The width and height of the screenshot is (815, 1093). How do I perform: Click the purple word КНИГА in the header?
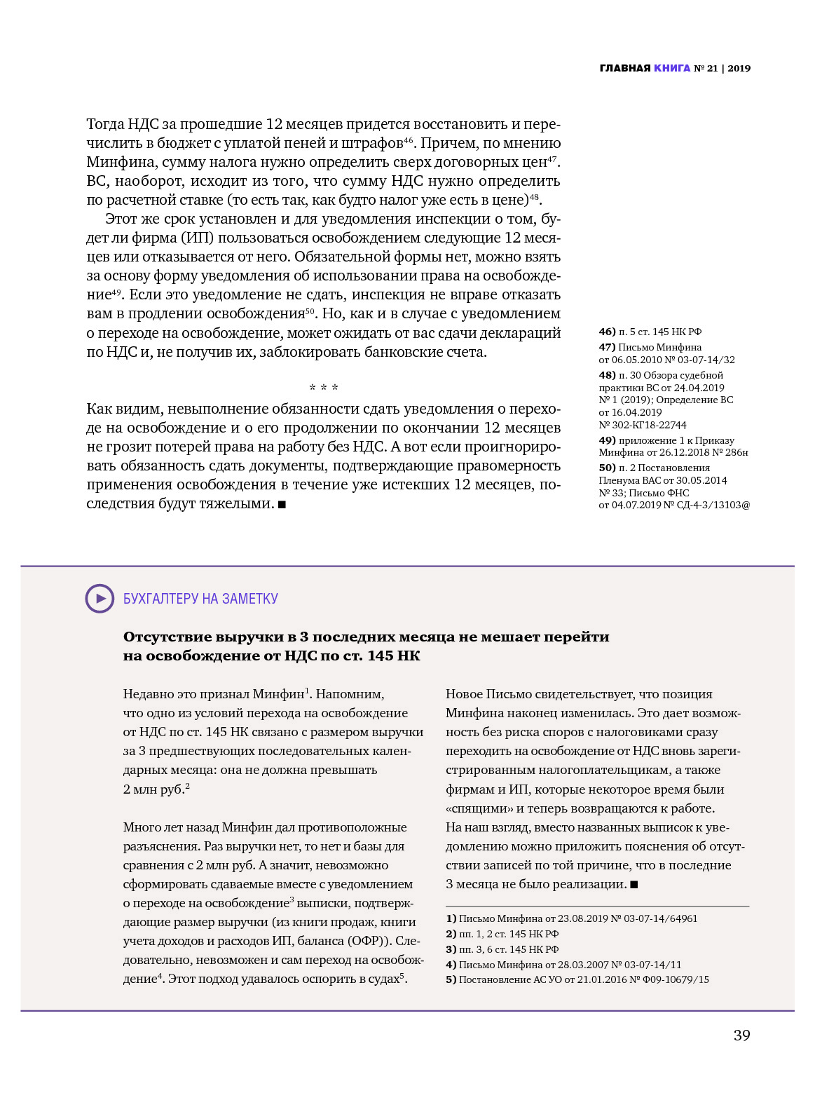click(x=672, y=68)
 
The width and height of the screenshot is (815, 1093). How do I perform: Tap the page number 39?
click(x=741, y=1036)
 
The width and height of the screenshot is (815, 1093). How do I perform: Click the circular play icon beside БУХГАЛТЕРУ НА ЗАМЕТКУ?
click(x=100, y=599)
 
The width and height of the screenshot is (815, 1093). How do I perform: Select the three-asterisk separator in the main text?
click(x=324, y=388)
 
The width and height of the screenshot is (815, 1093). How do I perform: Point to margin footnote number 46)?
click(x=607, y=332)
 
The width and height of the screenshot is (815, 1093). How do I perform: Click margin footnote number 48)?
click(x=607, y=375)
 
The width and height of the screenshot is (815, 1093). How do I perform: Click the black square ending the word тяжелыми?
click(x=282, y=504)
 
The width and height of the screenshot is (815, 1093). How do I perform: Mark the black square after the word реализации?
click(x=634, y=885)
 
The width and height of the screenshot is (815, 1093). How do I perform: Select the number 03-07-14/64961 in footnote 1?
click(x=663, y=918)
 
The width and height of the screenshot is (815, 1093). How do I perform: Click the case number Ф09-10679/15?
click(x=674, y=979)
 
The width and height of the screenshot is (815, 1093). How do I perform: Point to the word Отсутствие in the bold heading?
click(x=167, y=637)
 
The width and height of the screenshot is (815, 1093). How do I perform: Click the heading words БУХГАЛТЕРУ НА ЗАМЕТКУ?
click(x=200, y=599)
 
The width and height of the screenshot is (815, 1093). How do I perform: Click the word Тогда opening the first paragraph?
click(x=105, y=124)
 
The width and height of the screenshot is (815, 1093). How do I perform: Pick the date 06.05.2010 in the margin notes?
click(x=637, y=360)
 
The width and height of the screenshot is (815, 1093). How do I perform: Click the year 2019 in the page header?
click(x=739, y=68)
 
